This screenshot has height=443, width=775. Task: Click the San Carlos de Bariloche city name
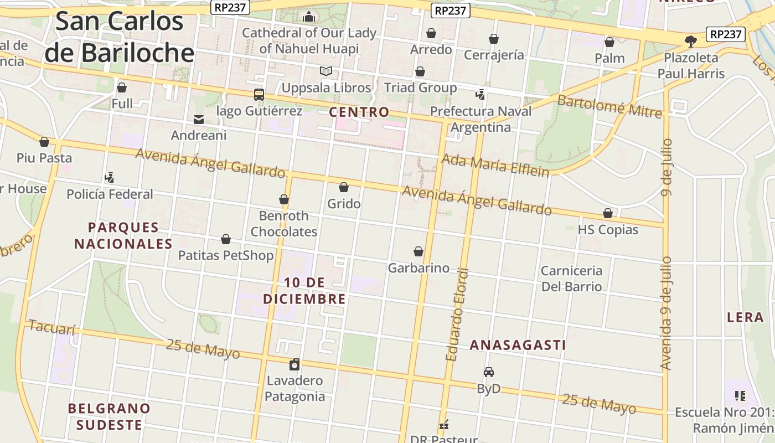(x=119, y=37)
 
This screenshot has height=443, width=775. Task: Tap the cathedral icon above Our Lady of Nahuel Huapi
(x=309, y=17)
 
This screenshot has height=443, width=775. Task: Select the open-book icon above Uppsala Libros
(x=326, y=71)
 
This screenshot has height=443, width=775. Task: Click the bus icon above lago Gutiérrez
(x=259, y=95)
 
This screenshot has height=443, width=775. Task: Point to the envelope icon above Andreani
(x=198, y=119)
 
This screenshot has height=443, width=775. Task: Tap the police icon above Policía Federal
(x=109, y=178)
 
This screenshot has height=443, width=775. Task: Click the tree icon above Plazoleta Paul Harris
(x=690, y=41)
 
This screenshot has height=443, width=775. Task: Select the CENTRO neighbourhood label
(x=359, y=112)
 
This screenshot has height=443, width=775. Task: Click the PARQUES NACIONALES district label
(x=123, y=235)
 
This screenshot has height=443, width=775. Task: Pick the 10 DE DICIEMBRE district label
(x=304, y=291)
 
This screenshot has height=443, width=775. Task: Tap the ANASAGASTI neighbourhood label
(x=518, y=345)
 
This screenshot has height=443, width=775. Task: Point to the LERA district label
(x=745, y=317)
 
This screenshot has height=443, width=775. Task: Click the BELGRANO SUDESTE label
(x=109, y=416)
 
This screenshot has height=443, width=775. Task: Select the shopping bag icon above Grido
(x=344, y=187)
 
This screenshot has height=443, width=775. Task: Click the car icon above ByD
(x=488, y=372)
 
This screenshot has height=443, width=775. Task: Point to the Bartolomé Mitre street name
(x=609, y=106)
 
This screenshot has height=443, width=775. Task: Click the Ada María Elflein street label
(x=495, y=165)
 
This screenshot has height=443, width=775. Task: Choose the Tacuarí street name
(x=51, y=327)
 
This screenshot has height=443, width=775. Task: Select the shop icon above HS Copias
(x=607, y=213)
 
